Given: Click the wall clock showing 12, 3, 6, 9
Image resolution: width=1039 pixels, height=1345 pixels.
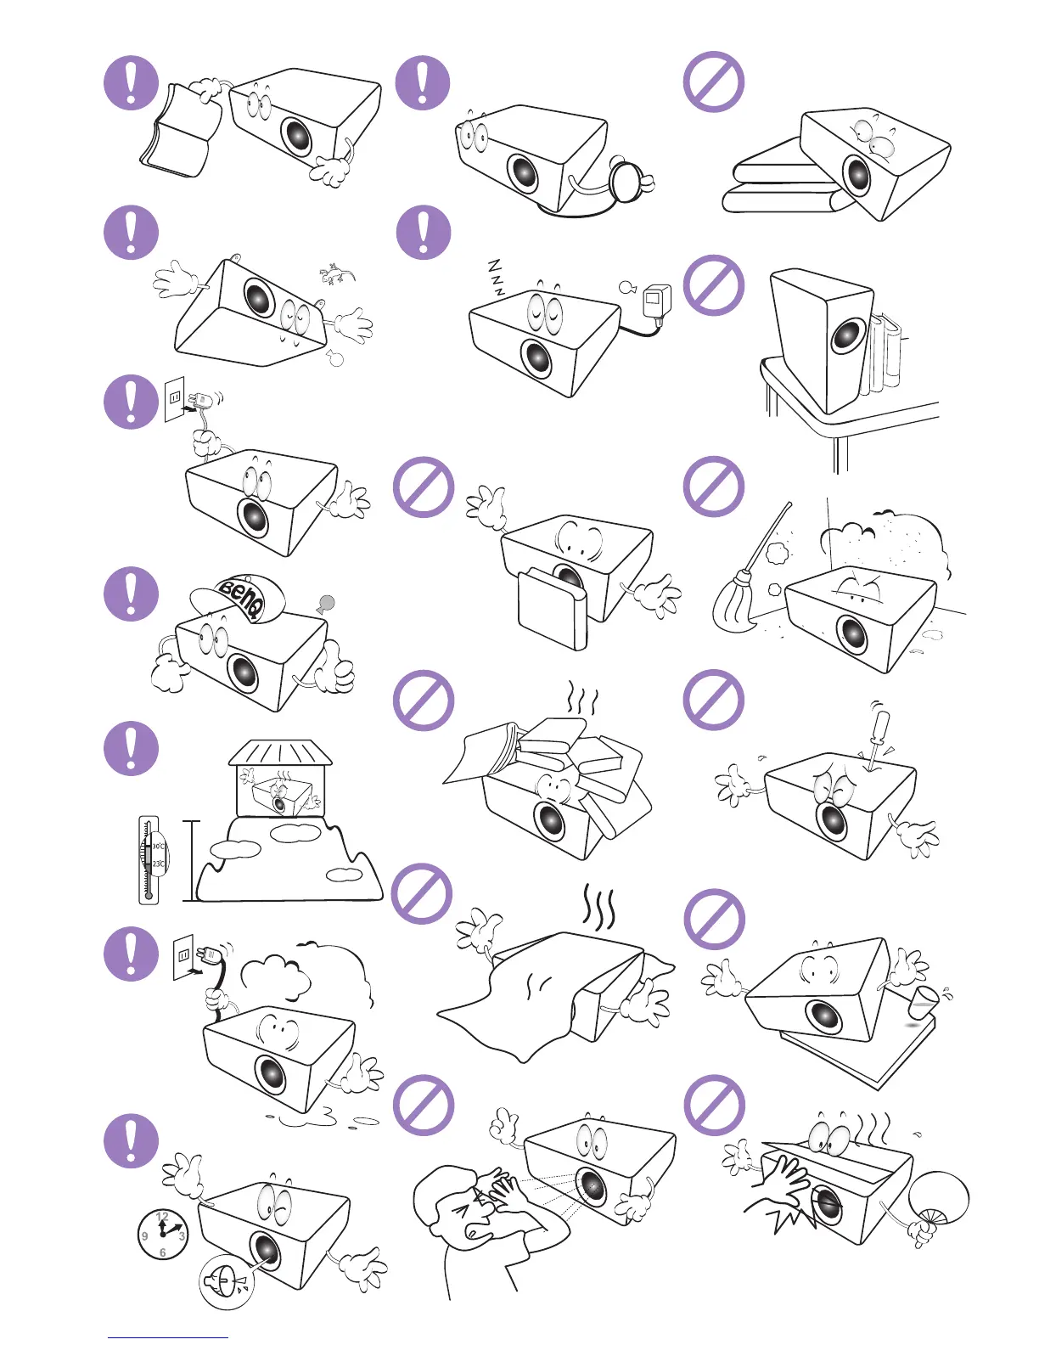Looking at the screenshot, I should click(x=162, y=1234).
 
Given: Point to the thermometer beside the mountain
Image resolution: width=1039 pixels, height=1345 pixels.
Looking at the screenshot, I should click(x=149, y=859).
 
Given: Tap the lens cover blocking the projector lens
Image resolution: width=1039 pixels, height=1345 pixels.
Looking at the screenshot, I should click(x=552, y=607).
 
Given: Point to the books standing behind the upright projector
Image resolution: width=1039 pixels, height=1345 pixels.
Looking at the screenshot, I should click(x=884, y=352).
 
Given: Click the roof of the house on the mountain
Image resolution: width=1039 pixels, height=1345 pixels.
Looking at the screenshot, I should click(x=280, y=751).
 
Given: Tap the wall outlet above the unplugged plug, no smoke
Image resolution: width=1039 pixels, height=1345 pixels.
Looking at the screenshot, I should click(x=175, y=398).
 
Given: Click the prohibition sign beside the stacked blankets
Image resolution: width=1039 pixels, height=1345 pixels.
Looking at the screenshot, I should click(x=714, y=82).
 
